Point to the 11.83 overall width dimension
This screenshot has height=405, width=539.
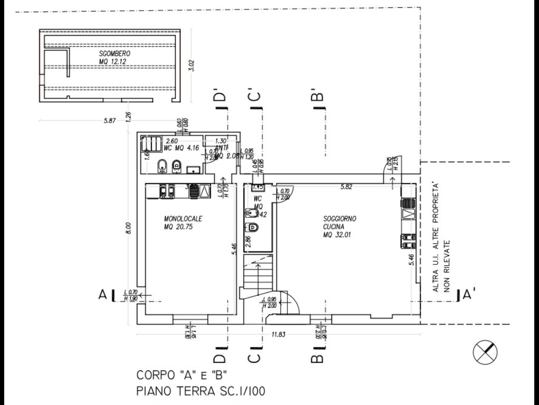[279, 333]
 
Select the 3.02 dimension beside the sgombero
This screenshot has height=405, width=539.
[192, 65]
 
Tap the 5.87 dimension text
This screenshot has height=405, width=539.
[109, 121]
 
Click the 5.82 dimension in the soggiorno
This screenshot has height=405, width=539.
[346, 186]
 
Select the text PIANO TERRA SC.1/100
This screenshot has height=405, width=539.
[201, 391]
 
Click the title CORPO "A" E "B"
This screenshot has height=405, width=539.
[182, 375]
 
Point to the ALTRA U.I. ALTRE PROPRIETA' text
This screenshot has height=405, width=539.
[435, 237]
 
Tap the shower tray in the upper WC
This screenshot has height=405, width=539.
[152, 144]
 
